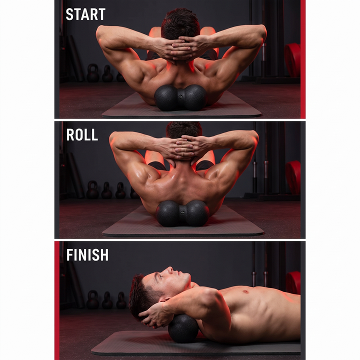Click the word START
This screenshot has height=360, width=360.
pyautogui.click(x=85, y=14)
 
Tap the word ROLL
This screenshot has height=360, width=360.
pyautogui.click(x=82, y=135)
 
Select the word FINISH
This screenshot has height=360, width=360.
pyautogui.click(x=87, y=255)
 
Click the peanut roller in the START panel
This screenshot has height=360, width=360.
pyautogui.click(x=180, y=97)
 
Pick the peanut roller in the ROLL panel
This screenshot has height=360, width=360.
pyautogui.click(x=182, y=213)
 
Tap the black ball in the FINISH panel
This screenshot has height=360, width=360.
pyautogui.click(x=183, y=329)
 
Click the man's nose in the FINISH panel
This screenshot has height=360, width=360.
pyautogui.click(x=169, y=270)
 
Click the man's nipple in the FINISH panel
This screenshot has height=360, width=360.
pyautogui.click(x=246, y=292)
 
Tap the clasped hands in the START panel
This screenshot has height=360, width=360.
pyautogui.click(x=179, y=48)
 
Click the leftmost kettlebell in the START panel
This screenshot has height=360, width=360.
pyautogui.click(x=93, y=73)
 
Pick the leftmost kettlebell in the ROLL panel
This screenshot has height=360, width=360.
pyautogui.click(x=92, y=189)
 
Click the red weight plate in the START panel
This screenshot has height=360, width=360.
pyautogui.click(x=292, y=59)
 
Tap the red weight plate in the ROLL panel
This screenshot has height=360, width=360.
pyautogui.click(x=293, y=177)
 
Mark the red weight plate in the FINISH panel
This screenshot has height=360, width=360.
pyautogui.click(x=293, y=283)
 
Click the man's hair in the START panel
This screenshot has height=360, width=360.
pyautogui.click(x=180, y=24)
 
